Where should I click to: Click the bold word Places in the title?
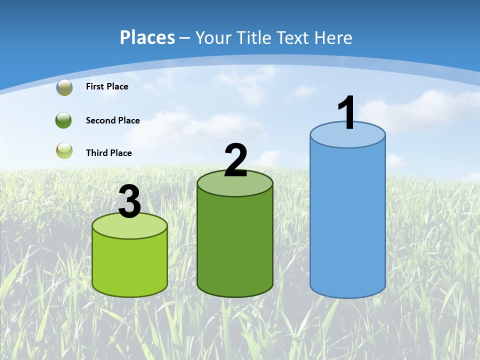[147, 37]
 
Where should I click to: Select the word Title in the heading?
[255, 37]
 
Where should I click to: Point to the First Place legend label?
[107, 86]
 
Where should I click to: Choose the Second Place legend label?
[112, 120]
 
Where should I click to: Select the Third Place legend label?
[108, 153]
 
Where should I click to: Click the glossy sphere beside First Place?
[64, 87]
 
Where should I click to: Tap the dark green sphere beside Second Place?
[64, 120]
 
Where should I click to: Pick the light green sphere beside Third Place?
[64, 150]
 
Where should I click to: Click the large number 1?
[347, 113]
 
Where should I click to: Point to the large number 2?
[235, 160]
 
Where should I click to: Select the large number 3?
[129, 201]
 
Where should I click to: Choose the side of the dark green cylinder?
[235, 245]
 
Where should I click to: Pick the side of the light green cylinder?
[129, 265]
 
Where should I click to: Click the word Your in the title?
[214, 37]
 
